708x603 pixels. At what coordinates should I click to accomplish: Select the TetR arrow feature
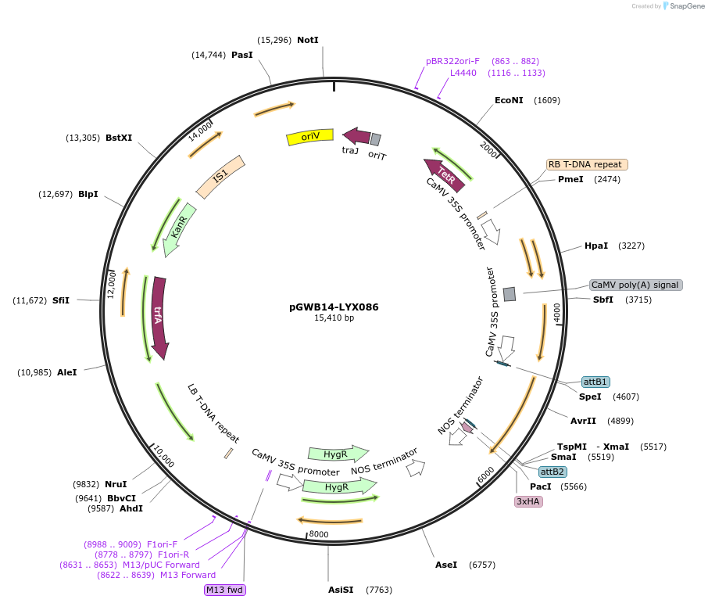click(x=444, y=174)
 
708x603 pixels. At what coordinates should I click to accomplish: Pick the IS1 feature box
click(x=220, y=176)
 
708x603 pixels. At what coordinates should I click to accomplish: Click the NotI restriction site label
click(x=308, y=40)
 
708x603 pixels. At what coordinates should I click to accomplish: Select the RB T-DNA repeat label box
click(x=586, y=164)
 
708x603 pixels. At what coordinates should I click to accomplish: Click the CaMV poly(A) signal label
click(x=635, y=285)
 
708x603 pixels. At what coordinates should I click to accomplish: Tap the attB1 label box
click(x=595, y=382)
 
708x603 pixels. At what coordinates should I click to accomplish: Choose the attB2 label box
click(x=552, y=472)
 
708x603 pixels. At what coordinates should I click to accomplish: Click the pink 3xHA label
click(x=527, y=501)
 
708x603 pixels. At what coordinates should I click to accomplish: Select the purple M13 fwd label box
click(x=225, y=590)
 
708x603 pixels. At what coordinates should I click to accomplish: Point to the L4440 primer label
click(x=463, y=73)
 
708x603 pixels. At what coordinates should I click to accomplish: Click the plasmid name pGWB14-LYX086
click(x=334, y=307)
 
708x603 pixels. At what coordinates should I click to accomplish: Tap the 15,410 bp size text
click(x=334, y=318)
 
